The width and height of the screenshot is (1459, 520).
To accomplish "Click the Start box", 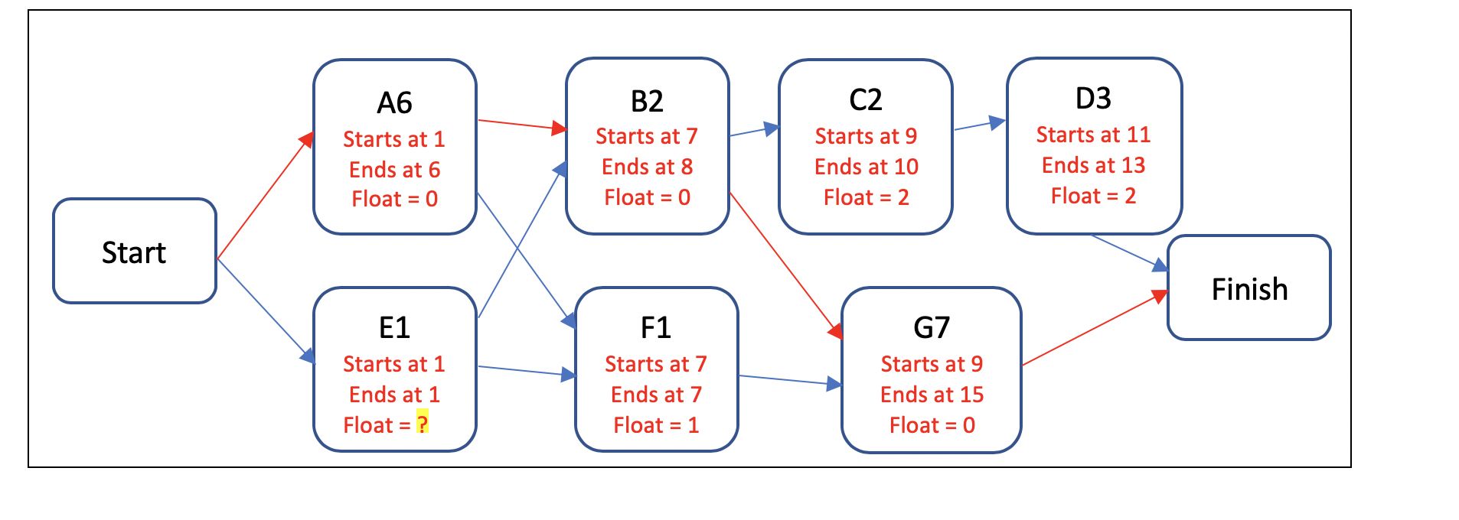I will click(135, 252).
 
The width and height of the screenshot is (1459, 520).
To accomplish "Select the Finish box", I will click(1248, 288).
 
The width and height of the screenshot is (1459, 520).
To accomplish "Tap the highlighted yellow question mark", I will click(422, 423).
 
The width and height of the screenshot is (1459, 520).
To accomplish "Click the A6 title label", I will click(394, 102).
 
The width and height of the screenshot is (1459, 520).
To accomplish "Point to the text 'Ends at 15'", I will click(932, 395).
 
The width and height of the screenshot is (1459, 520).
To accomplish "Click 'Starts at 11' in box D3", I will click(1093, 135).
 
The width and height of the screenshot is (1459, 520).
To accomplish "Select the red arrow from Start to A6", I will click(265, 197).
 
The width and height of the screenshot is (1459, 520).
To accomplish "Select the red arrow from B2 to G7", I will click(785, 264).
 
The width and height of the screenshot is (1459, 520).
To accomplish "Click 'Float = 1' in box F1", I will click(656, 425).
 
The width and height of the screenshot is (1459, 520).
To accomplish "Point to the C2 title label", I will click(865, 100).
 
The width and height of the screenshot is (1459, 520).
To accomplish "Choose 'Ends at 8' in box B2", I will click(647, 167).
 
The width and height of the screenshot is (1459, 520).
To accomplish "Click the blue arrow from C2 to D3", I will click(978, 125).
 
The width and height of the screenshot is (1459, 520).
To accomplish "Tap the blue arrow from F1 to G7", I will click(788, 380).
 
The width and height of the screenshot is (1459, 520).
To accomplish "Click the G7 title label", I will click(932, 328).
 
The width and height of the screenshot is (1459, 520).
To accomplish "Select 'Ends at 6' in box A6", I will click(394, 170).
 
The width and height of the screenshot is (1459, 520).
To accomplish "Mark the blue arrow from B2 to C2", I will click(753, 131).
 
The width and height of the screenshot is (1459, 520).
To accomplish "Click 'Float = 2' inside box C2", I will click(866, 197).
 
